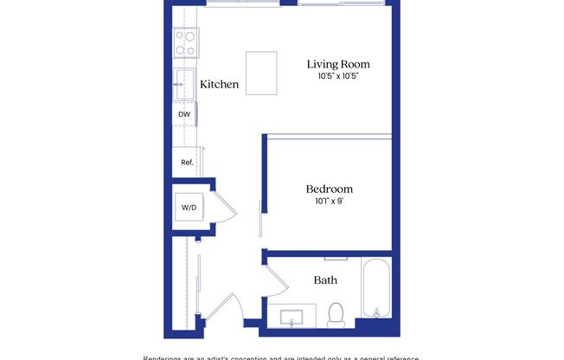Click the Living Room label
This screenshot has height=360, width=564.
[x=337, y=64]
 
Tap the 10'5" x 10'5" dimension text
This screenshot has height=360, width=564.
[x=337, y=76]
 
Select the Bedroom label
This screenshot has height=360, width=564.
[x=329, y=189]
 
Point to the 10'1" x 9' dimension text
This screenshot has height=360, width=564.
[x=329, y=201]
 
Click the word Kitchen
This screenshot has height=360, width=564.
[x=219, y=85]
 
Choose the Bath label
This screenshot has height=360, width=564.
[x=325, y=280]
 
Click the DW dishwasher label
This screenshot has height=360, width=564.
[x=184, y=114]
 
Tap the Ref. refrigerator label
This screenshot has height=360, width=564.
[x=186, y=162]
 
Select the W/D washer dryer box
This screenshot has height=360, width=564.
[x=188, y=208]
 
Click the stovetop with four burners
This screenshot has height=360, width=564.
[x=185, y=42]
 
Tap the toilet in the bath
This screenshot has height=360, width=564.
[x=336, y=313]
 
